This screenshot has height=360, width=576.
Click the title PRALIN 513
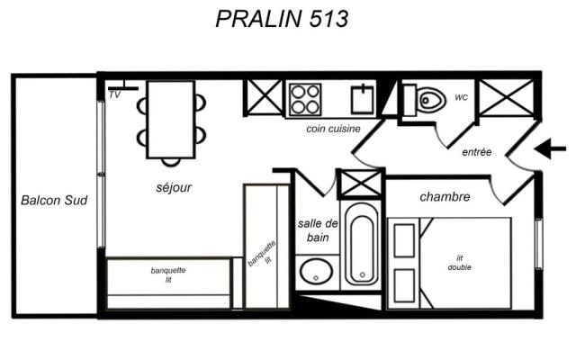coord(282,19)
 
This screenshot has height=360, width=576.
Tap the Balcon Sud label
coord(54,200)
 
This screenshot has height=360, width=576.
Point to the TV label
coord(114,94)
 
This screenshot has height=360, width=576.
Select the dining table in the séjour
coord(170,120)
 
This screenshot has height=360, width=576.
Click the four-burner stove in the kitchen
coord(305,99)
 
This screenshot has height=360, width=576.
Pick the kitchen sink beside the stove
coord(363,99)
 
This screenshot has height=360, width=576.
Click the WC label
coord(462,97)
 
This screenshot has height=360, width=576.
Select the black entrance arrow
coord(550,148)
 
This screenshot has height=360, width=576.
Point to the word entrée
coord(476,152)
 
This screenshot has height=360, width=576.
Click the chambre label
coord(445,197)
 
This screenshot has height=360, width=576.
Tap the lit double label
coord(460,263)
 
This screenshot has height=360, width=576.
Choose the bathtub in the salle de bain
coord(362,245)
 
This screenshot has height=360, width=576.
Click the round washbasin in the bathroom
coord(316,272)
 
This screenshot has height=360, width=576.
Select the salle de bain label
coord(318,230)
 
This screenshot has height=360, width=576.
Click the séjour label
coord(174,187)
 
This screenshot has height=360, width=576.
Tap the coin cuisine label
coord(333,129)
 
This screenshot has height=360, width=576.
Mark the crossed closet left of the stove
coord(265,97)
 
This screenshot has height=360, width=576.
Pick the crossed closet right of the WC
coord(507,98)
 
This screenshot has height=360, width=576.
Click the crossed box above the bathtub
coord(361,184)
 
